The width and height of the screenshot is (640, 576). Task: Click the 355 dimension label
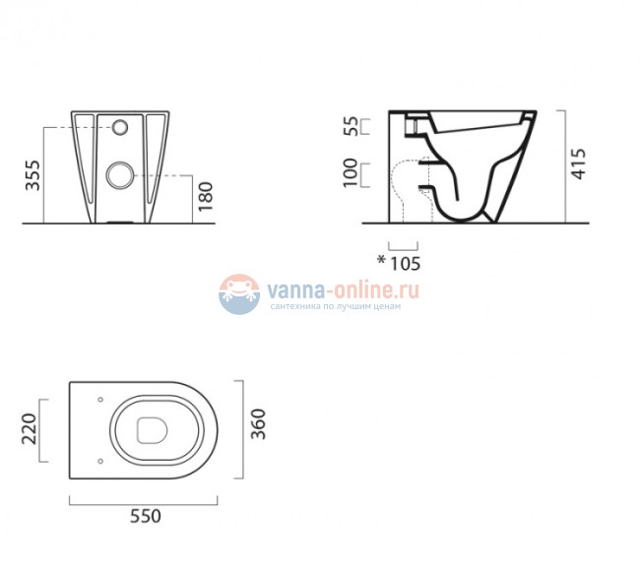click(x=33, y=175)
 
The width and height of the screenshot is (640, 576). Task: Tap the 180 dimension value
click(x=206, y=196)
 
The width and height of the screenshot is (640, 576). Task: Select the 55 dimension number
click(x=351, y=126)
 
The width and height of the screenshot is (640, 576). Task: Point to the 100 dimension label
click(x=351, y=172)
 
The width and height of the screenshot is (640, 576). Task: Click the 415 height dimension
click(x=578, y=163)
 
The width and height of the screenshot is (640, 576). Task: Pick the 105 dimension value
click(x=405, y=264)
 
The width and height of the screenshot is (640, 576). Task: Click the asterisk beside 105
click(x=381, y=260)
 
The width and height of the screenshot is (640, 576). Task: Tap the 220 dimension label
click(x=29, y=429)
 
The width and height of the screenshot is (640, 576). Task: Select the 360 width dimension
click(x=258, y=424)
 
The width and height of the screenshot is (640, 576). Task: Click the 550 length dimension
click(x=146, y=516)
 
